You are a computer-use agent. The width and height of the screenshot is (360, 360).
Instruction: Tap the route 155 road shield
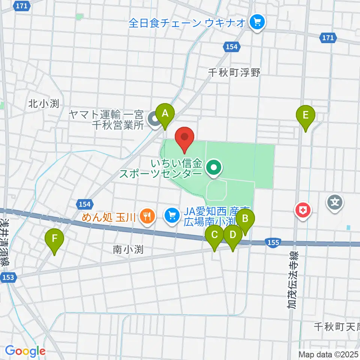pyautogui.click(x=273, y=243)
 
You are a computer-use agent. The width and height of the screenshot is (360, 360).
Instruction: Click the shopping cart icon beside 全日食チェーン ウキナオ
pyautogui.click(x=257, y=23)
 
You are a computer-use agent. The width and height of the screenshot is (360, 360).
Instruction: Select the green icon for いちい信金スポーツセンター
pyautogui.click(x=214, y=168)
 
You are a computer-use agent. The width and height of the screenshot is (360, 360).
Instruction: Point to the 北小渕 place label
pyautogui.click(x=43, y=104)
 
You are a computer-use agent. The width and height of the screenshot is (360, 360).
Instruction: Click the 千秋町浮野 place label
pyautogui.click(x=234, y=73)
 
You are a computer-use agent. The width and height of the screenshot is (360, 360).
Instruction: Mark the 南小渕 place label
pyautogui.click(x=128, y=249)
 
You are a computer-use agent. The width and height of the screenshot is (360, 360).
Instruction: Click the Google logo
pyautogui.click(x=25, y=351)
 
